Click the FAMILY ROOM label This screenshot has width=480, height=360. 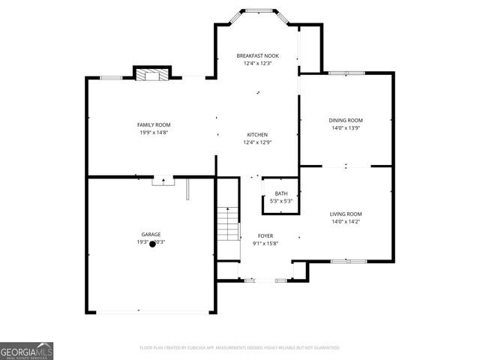[154, 124]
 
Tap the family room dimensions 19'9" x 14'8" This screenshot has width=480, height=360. [154, 132]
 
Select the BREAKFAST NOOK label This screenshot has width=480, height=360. [256, 56]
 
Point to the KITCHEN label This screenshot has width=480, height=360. [257, 135]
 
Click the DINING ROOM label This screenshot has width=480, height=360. [346, 120]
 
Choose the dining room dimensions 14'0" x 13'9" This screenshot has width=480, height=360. [346, 128]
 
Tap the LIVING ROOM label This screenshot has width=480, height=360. [346, 214]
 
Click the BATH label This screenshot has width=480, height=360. [280, 193]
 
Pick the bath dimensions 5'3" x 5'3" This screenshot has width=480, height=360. [280, 201]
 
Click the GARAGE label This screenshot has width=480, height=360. [151, 234]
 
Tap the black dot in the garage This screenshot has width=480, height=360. [152, 244]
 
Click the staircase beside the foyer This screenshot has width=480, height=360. [227, 223]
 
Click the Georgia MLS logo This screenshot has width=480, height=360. [26, 351]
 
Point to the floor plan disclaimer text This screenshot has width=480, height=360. [240, 348]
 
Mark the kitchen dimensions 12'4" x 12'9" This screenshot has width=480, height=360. [257, 142]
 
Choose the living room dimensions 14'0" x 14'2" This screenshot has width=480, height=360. [346, 222]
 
